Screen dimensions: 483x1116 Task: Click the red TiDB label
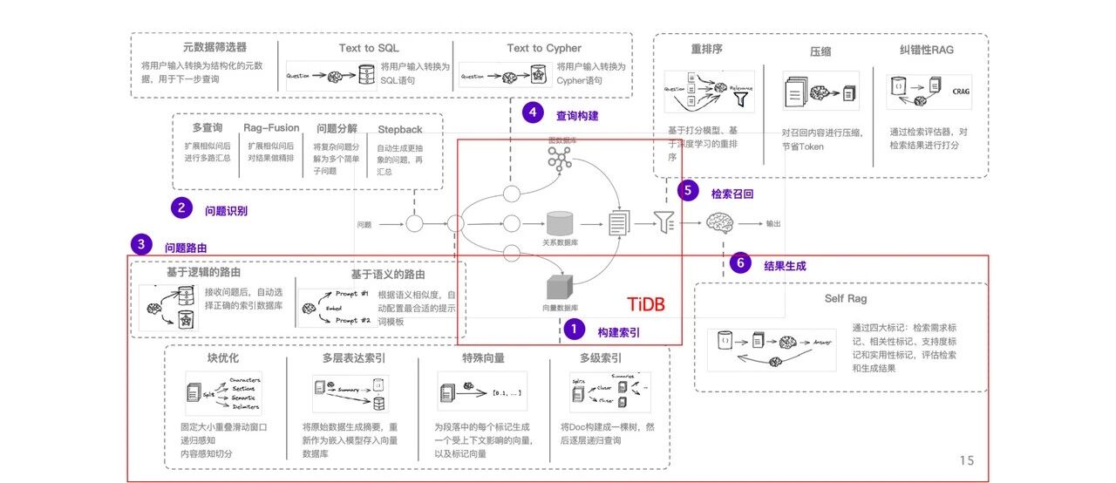coord(646,304)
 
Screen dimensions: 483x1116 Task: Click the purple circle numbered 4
coord(532,112)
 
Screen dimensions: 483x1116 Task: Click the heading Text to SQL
coord(369,48)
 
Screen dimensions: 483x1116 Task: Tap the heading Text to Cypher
coord(544,48)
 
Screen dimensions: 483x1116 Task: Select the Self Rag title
coord(846,299)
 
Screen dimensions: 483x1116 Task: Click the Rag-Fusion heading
coord(271,127)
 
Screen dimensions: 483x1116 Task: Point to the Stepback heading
coord(400,128)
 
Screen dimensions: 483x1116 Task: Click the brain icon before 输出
coord(724,224)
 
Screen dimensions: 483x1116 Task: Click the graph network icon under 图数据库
coord(559,158)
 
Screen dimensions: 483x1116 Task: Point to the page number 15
coord(966,460)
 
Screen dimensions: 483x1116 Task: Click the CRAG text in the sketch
coord(961,90)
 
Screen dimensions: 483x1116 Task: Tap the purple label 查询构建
coord(577,115)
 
